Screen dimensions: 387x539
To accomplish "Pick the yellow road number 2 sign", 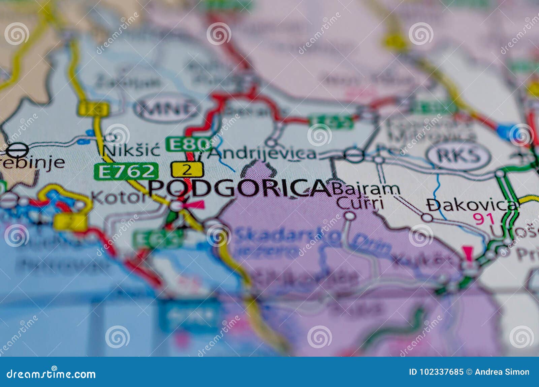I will pos(187,169).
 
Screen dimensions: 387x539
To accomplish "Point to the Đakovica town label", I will pos(472,204).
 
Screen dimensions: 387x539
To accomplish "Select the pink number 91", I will pos(484,219).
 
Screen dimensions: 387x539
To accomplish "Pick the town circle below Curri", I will pos(350,215).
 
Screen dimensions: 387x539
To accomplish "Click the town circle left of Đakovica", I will pos(427,217).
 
